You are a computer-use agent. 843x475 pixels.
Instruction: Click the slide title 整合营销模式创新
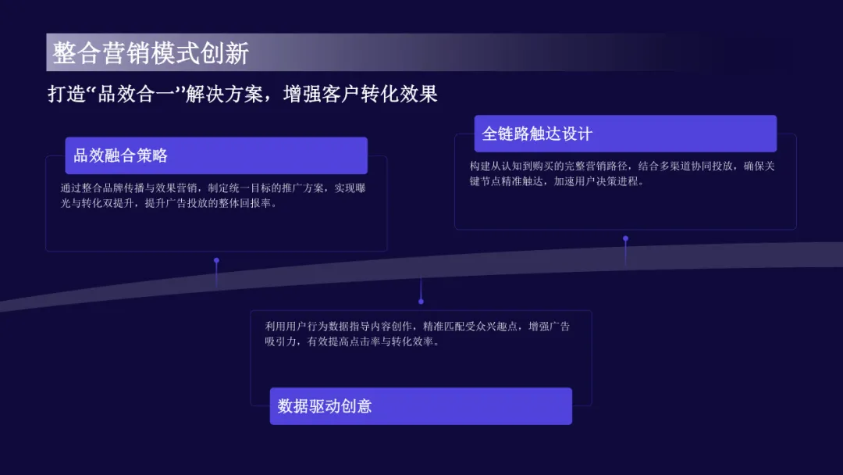tap(151, 53)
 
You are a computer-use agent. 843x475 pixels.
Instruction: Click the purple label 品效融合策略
tap(121, 155)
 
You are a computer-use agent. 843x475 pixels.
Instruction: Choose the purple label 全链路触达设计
tap(537, 134)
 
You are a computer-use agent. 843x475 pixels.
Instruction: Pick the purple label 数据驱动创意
tap(325, 406)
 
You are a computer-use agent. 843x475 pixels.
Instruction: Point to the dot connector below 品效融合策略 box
tap(216, 260)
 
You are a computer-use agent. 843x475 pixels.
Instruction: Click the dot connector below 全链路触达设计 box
tap(625, 238)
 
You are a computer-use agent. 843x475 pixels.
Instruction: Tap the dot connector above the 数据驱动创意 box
tap(421, 301)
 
